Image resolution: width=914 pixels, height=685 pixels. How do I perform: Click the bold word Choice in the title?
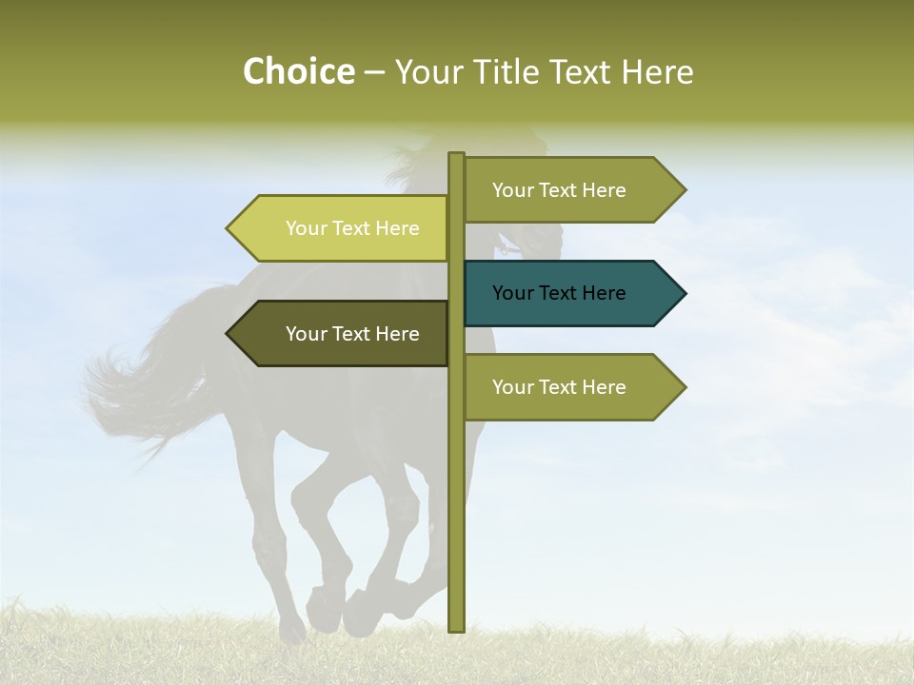pos(298,72)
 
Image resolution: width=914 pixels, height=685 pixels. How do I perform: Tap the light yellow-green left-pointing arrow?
pos(343,228)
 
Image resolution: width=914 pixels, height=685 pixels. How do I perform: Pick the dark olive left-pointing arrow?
pos(343,334)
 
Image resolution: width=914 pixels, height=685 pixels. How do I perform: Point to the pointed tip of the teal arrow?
pos(684,293)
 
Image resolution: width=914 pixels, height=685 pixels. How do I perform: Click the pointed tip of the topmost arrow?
pos(684,190)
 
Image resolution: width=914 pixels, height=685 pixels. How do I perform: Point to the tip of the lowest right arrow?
pos(684,387)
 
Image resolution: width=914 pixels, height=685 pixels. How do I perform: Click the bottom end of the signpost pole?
pos(456,628)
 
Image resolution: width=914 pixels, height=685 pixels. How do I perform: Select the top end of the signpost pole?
pos(456,156)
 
